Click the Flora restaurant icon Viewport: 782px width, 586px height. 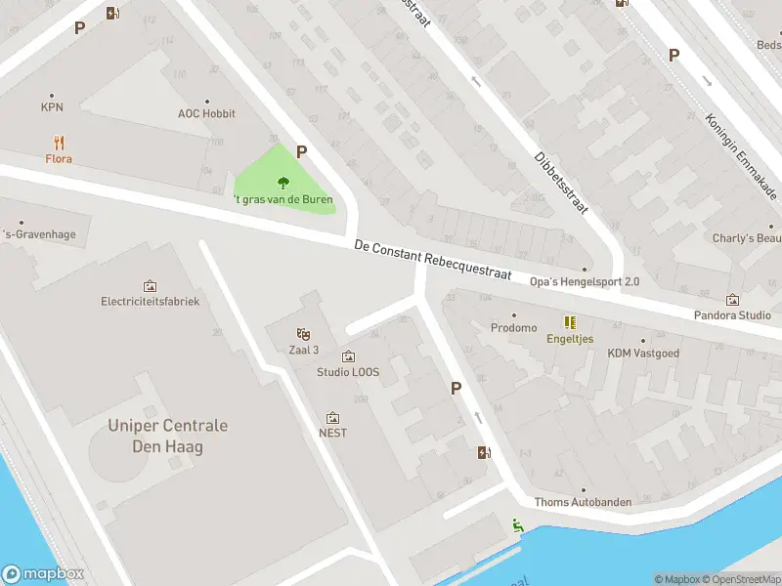(59, 142)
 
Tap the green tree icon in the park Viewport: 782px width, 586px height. (283, 182)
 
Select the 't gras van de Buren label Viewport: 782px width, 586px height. (283, 199)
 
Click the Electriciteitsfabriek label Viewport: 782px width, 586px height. (150, 302)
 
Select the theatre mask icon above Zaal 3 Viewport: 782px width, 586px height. (303, 334)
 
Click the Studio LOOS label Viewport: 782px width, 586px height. (348, 372)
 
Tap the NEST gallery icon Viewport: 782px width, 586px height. (332, 418)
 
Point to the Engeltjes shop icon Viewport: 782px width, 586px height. (569, 322)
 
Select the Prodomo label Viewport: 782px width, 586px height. (514, 328)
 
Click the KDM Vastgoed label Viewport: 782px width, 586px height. (642, 354)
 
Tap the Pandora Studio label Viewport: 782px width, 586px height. (732, 315)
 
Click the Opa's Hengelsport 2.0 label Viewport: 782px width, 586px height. (585, 282)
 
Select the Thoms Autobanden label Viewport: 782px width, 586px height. (583, 502)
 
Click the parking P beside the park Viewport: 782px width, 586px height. (302, 152)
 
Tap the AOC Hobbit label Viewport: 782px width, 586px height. (206, 113)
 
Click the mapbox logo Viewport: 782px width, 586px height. (43, 574)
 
